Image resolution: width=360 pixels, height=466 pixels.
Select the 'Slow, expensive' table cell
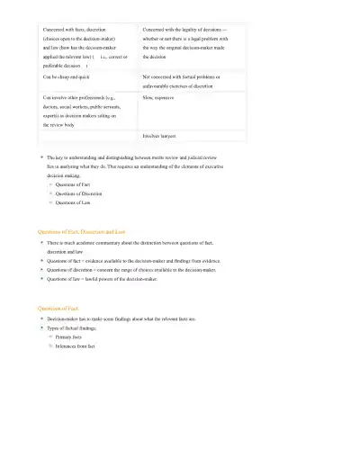[x=161, y=95]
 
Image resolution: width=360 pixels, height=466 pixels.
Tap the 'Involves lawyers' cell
[x=158, y=136]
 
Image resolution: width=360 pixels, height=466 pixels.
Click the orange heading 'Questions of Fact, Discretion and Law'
[x=87, y=231]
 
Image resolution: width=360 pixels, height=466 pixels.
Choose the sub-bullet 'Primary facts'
[x=69, y=337]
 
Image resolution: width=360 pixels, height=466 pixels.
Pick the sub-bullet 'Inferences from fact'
[x=76, y=346]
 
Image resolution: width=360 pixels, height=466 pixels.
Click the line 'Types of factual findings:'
[x=75, y=328]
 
